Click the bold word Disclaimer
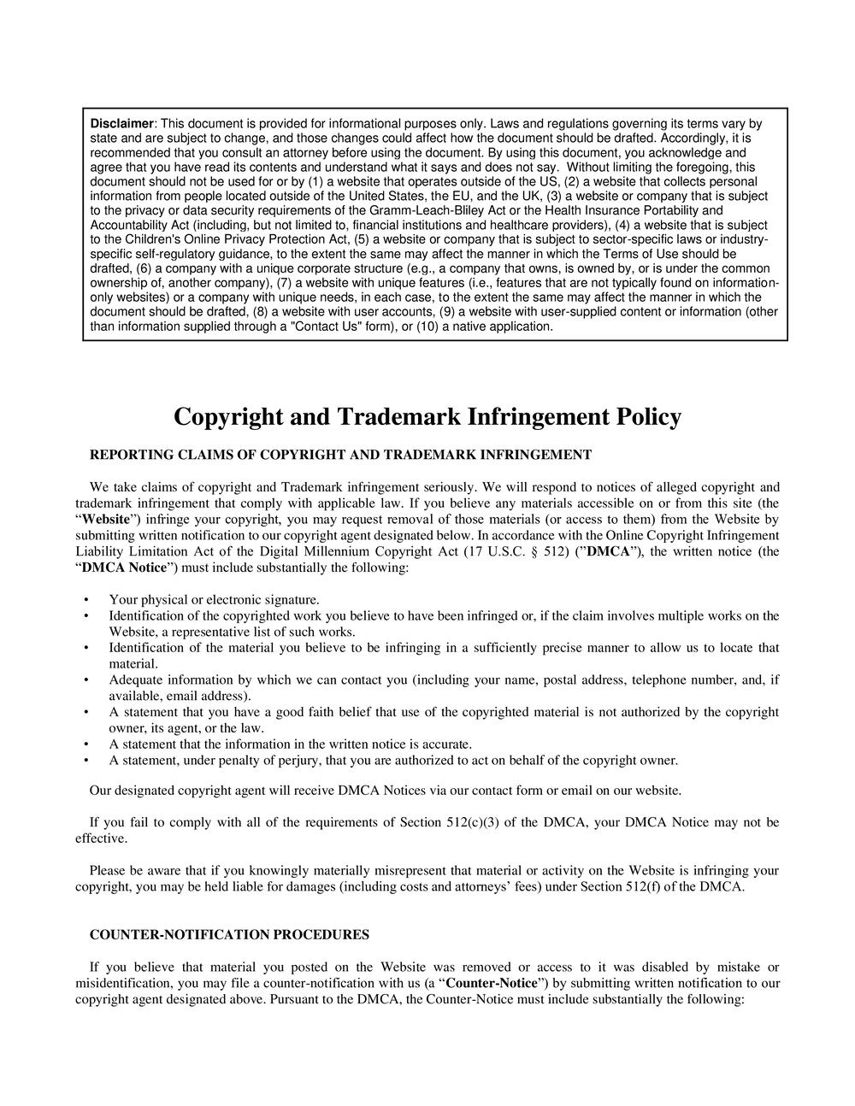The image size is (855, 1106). [x=121, y=124]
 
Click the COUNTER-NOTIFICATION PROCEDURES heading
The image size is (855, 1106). [x=229, y=935]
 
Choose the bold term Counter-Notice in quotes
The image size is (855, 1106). [x=497, y=983]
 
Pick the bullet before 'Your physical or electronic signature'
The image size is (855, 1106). [x=86, y=600]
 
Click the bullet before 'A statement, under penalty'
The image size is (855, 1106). [x=86, y=761]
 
